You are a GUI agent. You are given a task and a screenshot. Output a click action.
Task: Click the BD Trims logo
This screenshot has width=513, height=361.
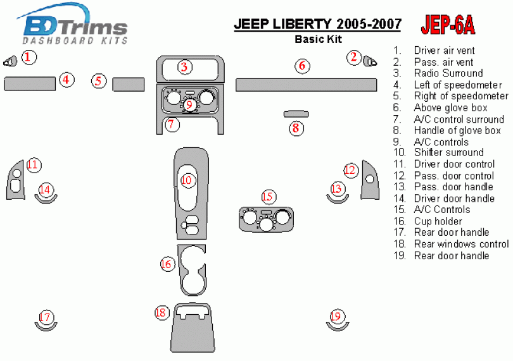pyautogui.click(x=75, y=27)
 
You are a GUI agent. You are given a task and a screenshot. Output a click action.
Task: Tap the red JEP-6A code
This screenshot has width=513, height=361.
pyautogui.click(x=447, y=25)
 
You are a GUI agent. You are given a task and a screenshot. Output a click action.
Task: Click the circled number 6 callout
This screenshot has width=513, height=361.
pyautogui.click(x=302, y=65)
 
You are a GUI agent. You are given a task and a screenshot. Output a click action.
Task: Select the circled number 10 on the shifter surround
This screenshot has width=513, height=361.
pyautogui.click(x=187, y=180)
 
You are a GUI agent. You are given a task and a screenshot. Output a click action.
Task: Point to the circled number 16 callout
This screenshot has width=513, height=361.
pyautogui.click(x=167, y=264)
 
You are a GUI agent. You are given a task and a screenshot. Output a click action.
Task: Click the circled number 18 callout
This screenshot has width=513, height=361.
pyautogui.click(x=161, y=312)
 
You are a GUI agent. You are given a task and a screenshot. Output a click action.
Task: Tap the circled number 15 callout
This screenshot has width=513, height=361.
pyautogui.click(x=269, y=197)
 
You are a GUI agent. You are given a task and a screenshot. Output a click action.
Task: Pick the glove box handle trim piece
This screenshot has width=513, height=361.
pyautogui.click(x=295, y=114)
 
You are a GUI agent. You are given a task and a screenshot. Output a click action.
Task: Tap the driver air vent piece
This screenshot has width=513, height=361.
pyautogui.click(x=11, y=61)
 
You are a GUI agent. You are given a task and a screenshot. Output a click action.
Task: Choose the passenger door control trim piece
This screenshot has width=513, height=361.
pyautogui.click(x=369, y=180)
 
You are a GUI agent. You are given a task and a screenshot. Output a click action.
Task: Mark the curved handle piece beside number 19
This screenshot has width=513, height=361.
pyautogui.click(x=337, y=326)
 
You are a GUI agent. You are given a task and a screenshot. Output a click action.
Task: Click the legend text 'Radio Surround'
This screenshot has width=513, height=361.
pyautogui.click(x=448, y=73)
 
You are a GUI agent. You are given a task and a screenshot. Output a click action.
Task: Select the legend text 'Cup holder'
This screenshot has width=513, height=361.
pyautogui.click(x=438, y=221)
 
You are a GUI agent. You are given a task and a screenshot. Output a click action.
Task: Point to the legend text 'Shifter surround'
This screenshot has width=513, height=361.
pyautogui.click(x=448, y=152)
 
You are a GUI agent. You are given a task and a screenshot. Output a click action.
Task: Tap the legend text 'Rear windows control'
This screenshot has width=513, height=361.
pyautogui.click(x=460, y=244)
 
